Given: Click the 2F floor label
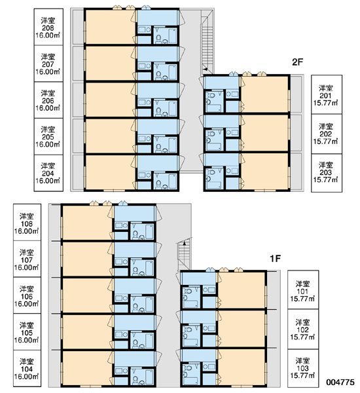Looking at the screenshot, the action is [x=297, y=62].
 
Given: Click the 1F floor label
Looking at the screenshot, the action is [x=275, y=259].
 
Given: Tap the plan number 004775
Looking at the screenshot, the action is [x=340, y=382].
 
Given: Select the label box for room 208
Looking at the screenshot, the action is [x=48, y=27].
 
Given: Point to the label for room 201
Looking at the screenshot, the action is [x=327, y=94].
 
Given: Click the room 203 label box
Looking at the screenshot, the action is [x=327, y=173].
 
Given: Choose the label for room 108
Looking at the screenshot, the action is [x=27, y=222].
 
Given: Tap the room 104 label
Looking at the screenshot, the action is [x=27, y=368].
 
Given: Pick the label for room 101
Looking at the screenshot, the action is [x=303, y=290].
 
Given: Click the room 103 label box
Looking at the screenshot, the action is [x=303, y=368].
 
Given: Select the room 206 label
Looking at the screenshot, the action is [x=48, y=100].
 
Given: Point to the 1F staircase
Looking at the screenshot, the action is [x=185, y=253].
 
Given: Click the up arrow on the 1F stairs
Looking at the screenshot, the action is [x=185, y=243].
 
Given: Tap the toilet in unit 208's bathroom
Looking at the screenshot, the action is [x=158, y=39].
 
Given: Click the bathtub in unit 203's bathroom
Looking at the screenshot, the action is [x=214, y=185].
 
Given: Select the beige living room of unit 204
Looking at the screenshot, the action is [x=110, y=172].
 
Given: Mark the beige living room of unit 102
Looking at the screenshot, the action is [x=242, y=329].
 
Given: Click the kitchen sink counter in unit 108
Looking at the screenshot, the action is [x=121, y=225].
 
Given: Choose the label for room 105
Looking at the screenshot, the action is [x=27, y=332].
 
